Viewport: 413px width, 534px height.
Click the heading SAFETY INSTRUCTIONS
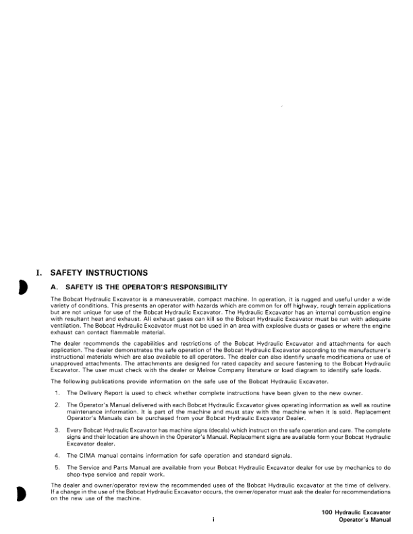coord(99,273)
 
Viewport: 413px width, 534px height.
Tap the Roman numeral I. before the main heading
coord(39,273)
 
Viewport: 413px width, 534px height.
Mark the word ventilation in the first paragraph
coord(67,321)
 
